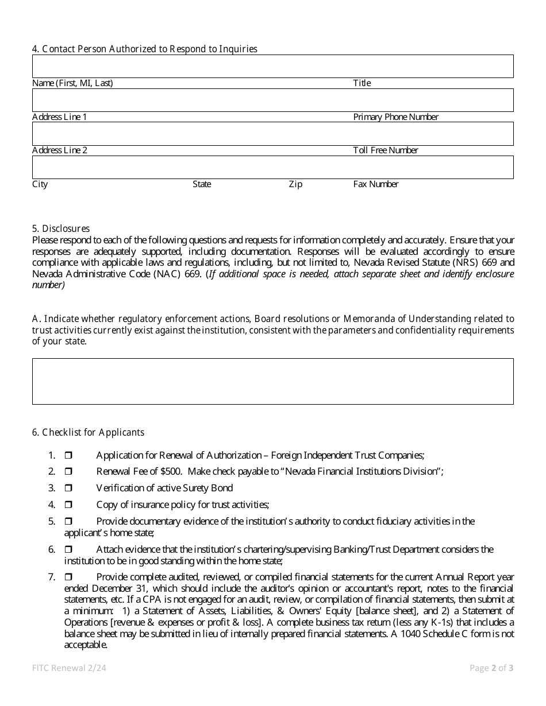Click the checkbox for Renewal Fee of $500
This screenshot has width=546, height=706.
68,472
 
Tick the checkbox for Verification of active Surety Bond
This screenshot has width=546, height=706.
68,488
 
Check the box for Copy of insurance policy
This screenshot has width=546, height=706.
68,505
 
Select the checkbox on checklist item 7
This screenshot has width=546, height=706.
68,577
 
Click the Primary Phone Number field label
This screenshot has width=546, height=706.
395,117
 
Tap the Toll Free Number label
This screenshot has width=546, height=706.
386,150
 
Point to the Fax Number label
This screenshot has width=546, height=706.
375,184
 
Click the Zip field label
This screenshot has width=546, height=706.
295,184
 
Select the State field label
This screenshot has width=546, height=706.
202,184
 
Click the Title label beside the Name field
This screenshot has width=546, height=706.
362,83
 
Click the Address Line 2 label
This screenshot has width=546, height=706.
60,150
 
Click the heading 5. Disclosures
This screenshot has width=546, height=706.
61,228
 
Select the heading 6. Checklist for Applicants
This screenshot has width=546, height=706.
88,432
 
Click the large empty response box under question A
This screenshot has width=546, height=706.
272,381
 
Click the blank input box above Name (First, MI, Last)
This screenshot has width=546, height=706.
272,67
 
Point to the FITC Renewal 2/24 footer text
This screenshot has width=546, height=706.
69,668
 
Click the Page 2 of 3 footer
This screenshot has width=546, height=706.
491,668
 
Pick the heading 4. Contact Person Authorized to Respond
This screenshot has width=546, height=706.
144,49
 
